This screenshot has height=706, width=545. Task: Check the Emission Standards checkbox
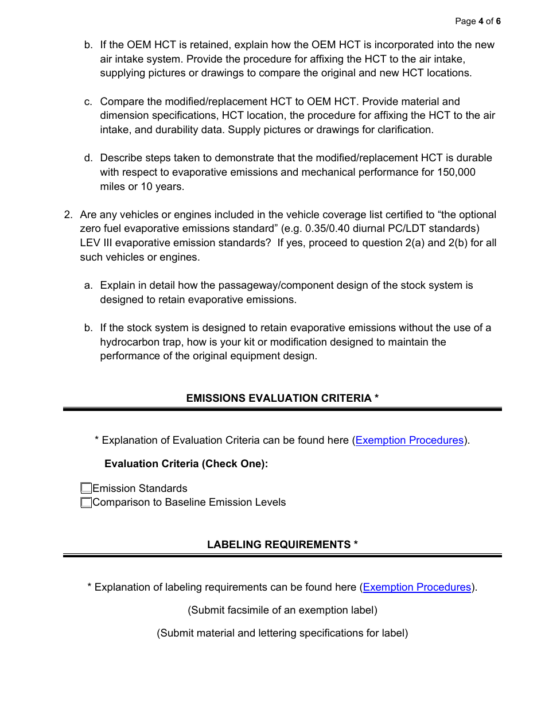click(x=86, y=488)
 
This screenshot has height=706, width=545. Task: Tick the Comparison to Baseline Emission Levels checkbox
click(x=86, y=503)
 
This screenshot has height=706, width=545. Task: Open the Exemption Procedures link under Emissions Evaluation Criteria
click(x=409, y=440)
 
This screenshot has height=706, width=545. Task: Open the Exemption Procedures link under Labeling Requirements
click(x=416, y=587)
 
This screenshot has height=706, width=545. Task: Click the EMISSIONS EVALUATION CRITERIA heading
click(x=282, y=398)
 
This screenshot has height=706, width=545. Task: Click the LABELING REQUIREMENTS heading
click(x=282, y=545)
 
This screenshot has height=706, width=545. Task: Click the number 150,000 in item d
click(x=456, y=172)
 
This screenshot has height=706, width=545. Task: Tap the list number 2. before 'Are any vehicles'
click(x=68, y=215)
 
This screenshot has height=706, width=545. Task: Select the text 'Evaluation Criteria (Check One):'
click(x=186, y=464)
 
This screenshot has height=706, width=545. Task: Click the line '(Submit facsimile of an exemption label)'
click(x=282, y=610)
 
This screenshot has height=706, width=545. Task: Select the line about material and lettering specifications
click(x=282, y=633)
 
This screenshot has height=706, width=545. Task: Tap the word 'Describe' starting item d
click(x=120, y=158)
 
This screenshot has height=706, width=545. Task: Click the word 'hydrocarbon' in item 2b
click(x=128, y=342)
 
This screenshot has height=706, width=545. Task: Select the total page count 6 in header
click(x=499, y=21)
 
